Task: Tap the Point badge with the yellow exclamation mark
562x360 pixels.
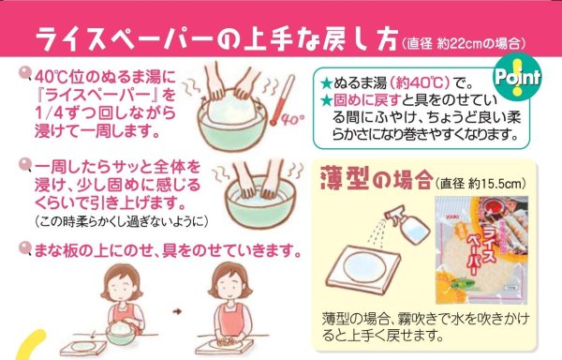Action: click(517, 77)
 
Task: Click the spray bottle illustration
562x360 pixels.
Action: click(407, 224)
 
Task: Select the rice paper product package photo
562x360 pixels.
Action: click(481, 249)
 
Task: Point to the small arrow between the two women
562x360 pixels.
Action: click(177, 311)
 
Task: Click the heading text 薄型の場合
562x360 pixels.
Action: click(376, 177)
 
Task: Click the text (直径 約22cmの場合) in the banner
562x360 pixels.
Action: click(463, 44)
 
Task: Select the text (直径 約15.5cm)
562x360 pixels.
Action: click(481, 183)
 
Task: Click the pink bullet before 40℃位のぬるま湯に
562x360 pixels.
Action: click(25, 73)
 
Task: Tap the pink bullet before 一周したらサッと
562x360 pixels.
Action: click(25, 165)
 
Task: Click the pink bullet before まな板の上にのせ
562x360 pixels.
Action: click(25, 247)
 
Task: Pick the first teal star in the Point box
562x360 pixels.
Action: click(326, 84)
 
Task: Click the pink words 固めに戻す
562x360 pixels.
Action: click(366, 100)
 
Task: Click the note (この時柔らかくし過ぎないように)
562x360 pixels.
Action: click(122, 221)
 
